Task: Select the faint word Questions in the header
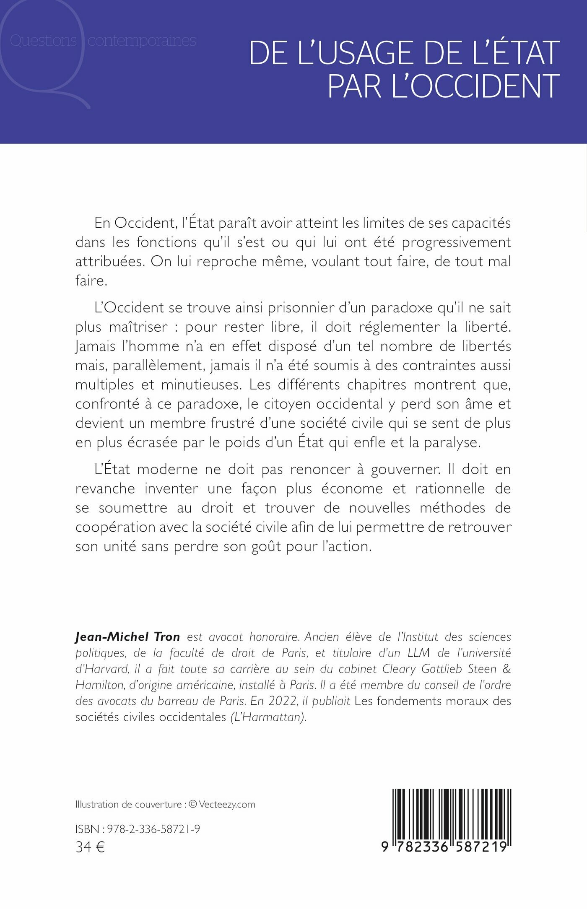click(43, 41)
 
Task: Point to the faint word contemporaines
click(142, 41)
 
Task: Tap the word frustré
click(232, 423)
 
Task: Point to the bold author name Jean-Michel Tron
click(127, 637)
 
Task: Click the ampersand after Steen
click(506, 669)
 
